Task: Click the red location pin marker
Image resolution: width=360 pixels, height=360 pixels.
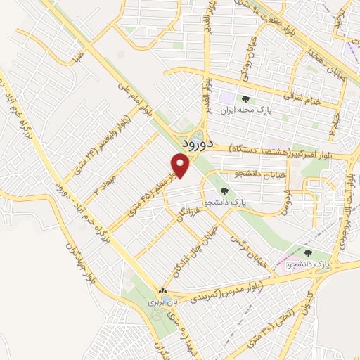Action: [181, 165]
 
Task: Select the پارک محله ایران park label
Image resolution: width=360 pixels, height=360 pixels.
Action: [245, 111]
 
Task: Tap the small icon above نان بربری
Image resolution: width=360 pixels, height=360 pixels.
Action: [162, 290]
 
